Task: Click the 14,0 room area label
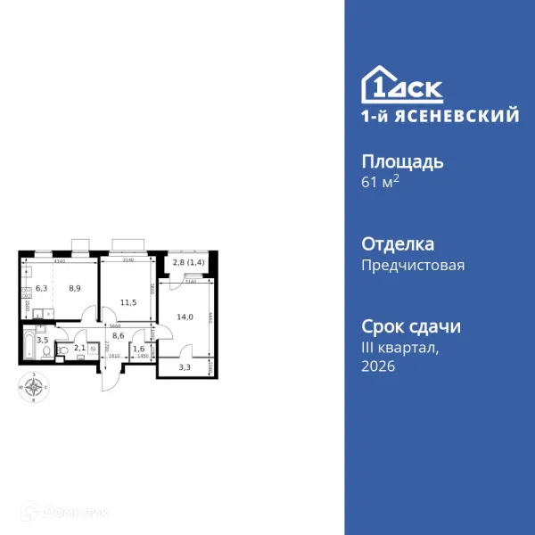tap(185, 317)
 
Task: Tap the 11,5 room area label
tap(128, 303)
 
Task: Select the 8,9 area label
tap(75, 289)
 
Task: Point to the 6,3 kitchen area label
tap(41, 289)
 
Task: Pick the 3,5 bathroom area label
tap(41, 341)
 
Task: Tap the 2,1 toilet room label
tap(79, 348)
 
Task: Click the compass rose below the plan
tap(35, 388)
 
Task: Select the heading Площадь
tap(402, 161)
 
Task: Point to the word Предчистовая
tap(413, 265)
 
